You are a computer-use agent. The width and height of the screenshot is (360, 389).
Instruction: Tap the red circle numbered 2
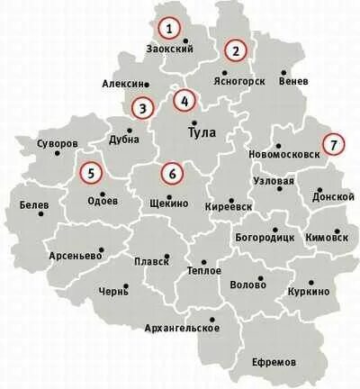(x=237, y=50)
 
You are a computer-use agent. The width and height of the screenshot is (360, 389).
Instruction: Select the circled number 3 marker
(x=142, y=109)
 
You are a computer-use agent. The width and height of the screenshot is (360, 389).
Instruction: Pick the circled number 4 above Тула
(x=185, y=101)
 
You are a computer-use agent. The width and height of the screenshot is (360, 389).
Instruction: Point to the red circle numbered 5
(x=91, y=171)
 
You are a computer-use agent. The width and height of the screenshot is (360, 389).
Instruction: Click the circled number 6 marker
(x=172, y=171)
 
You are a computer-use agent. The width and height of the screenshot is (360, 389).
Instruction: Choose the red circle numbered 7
(x=333, y=143)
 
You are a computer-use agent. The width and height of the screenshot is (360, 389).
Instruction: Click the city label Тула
(x=202, y=132)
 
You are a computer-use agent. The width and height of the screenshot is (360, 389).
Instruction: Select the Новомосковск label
(x=284, y=154)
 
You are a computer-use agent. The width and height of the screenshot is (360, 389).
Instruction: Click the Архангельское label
(x=182, y=327)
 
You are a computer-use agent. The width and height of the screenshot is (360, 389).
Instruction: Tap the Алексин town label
(x=122, y=82)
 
